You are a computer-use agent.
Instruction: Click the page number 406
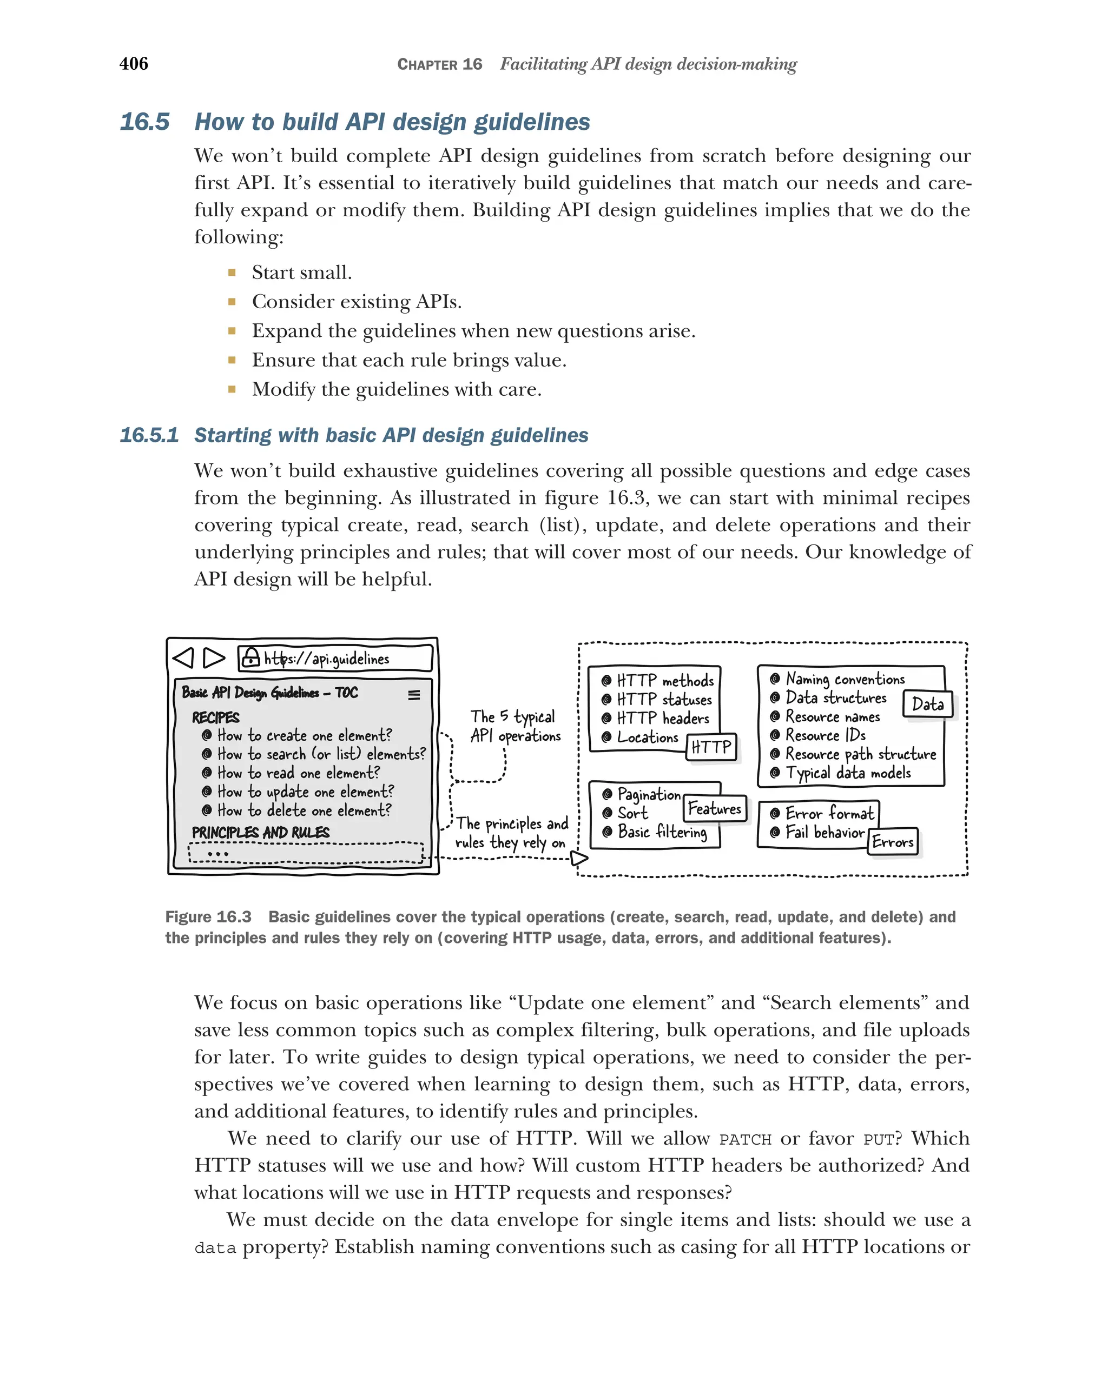(134, 63)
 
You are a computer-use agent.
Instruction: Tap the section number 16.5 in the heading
(144, 122)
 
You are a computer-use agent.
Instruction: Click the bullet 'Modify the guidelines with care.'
(396, 389)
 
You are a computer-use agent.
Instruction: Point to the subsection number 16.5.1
(149, 435)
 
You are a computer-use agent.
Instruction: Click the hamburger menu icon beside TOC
(414, 694)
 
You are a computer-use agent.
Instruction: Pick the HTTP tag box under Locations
(711, 747)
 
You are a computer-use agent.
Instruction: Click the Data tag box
(927, 704)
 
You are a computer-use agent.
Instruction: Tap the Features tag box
(714, 808)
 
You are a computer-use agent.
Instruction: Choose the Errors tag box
(893, 841)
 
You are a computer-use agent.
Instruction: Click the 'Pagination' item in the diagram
(648, 794)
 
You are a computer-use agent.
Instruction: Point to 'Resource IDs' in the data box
(825, 735)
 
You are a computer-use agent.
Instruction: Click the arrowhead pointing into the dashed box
(579, 858)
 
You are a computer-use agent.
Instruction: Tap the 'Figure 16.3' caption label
(208, 917)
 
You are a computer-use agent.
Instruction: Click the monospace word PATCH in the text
(744, 1140)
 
